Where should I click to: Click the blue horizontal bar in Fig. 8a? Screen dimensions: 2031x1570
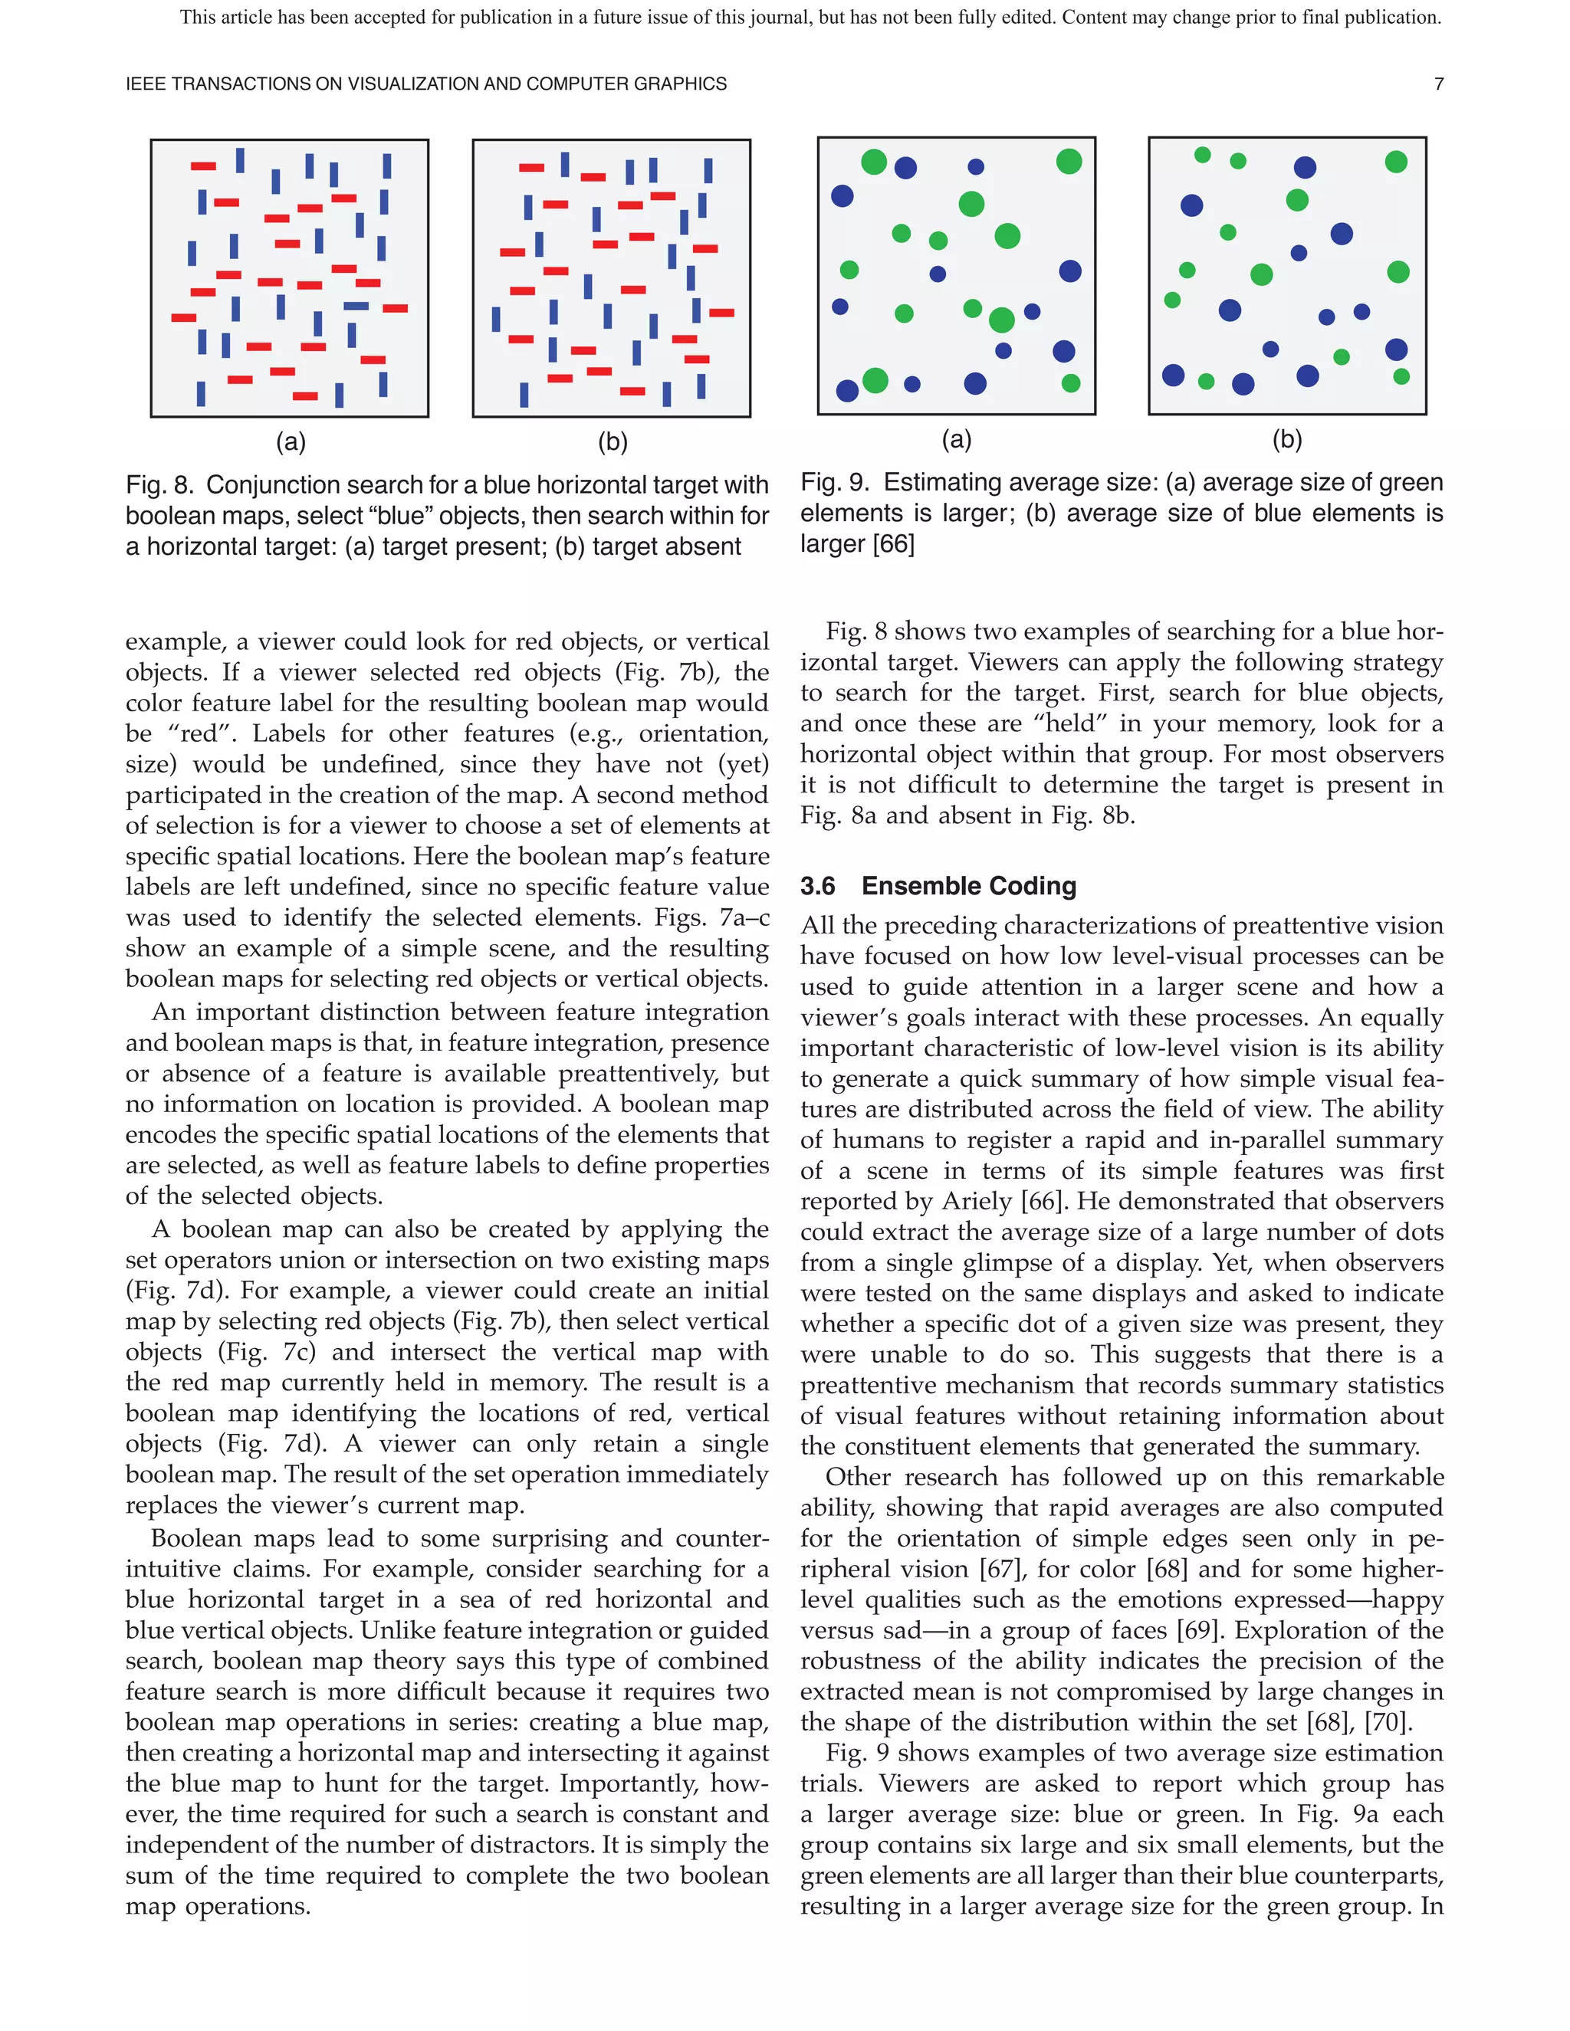(x=356, y=306)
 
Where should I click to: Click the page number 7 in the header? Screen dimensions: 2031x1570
(x=1438, y=84)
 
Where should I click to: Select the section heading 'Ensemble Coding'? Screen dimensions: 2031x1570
(x=968, y=886)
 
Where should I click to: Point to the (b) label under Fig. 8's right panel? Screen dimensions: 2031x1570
(x=612, y=443)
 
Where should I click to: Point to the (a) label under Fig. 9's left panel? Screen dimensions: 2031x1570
(x=956, y=440)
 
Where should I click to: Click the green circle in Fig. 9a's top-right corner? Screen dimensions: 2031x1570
(x=1069, y=162)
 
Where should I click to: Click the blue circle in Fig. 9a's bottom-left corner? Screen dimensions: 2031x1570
(x=847, y=391)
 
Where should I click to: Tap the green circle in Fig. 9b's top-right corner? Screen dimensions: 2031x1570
(x=1395, y=162)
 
